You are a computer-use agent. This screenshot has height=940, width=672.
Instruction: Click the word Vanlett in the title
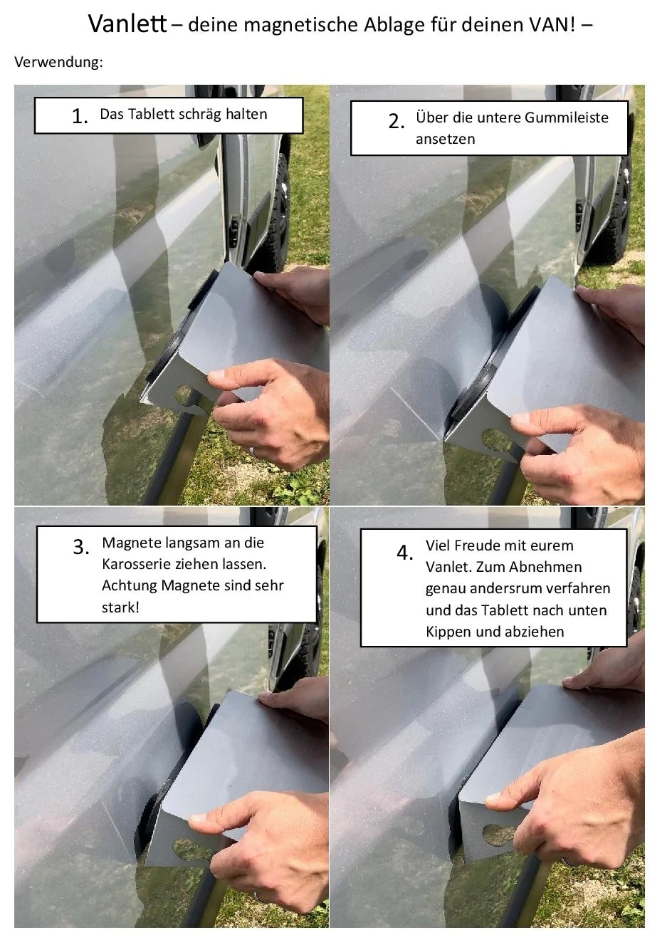coord(127,23)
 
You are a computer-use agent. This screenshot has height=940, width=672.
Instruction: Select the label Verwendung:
coord(58,62)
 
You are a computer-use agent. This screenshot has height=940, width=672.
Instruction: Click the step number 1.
coord(80,116)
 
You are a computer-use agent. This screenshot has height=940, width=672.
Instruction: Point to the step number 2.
coord(396,121)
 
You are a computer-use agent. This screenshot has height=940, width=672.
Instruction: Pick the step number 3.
coord(81,547)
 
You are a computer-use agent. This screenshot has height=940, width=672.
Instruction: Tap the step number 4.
coord(405,553)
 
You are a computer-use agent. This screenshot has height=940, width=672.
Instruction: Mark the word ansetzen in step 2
coord(445,140)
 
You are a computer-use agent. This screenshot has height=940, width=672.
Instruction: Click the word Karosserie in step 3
coord(135,564)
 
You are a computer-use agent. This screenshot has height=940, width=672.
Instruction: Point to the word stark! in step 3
coord(120,607)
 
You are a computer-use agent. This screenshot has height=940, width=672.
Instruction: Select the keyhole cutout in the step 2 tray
coord(499,441)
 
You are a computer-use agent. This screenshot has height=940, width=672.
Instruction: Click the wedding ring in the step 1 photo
coord(251,450)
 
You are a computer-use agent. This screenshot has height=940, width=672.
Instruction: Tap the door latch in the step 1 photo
coord(235,230)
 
